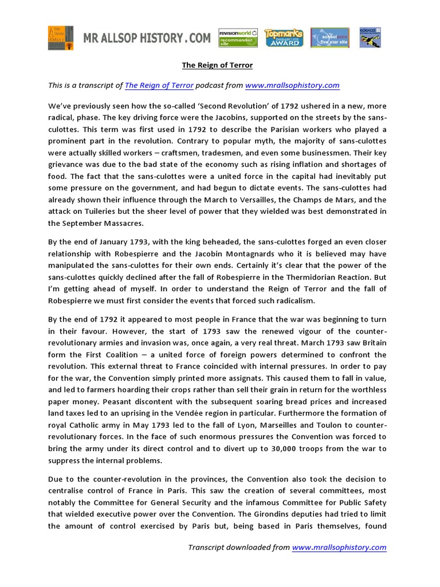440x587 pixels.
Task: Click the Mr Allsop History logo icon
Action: coord(60,38)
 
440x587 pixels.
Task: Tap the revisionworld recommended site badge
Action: coord(238,38)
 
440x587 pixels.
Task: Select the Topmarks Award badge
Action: coord(284,38)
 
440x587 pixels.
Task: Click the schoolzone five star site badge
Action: coord(330,38)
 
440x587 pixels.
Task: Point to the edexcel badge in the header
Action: coord(370,38)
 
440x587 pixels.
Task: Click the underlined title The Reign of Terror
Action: coord(217,65)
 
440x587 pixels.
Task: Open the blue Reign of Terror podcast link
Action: coord(159,85)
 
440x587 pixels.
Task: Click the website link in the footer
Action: coord(339,547)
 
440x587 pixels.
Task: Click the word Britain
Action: coord(372,343)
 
